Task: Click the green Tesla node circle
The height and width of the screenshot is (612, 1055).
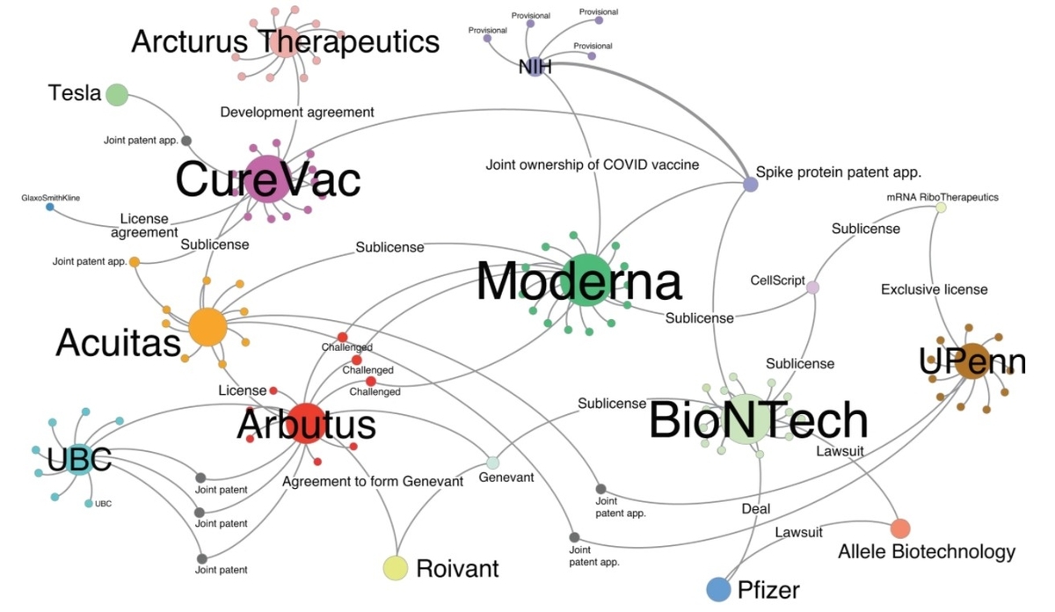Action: point(117,95)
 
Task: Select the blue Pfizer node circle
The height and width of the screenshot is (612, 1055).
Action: point(718,589)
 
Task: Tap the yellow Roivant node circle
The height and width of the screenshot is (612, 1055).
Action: point(395,568)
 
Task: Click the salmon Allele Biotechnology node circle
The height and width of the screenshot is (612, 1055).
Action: point(900,528)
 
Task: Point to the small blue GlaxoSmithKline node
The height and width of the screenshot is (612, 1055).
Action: point(50,207)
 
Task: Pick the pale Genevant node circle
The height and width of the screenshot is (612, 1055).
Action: point(492,463)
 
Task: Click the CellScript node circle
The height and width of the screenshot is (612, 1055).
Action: point(813,288)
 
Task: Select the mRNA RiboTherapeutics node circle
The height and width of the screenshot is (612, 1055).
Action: point(941,208)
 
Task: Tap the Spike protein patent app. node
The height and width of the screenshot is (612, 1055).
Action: point(750,184)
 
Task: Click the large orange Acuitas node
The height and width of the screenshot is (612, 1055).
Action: point(207,327)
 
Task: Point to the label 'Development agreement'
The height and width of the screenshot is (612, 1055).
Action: point(297,113)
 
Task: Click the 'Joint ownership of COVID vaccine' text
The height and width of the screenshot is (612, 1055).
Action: point(592,165)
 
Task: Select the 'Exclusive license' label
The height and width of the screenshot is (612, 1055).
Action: point(934,289)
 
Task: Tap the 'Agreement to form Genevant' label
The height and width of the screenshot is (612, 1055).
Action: point(373,482)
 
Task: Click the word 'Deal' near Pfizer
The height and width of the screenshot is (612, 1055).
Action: point(755,509)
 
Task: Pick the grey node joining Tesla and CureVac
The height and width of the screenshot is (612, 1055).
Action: point(186,141)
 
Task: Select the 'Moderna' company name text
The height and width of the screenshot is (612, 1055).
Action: point(578,281)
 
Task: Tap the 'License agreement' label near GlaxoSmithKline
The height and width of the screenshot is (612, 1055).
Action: point(144,225)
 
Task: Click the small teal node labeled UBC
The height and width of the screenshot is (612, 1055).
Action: point(89,504)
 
